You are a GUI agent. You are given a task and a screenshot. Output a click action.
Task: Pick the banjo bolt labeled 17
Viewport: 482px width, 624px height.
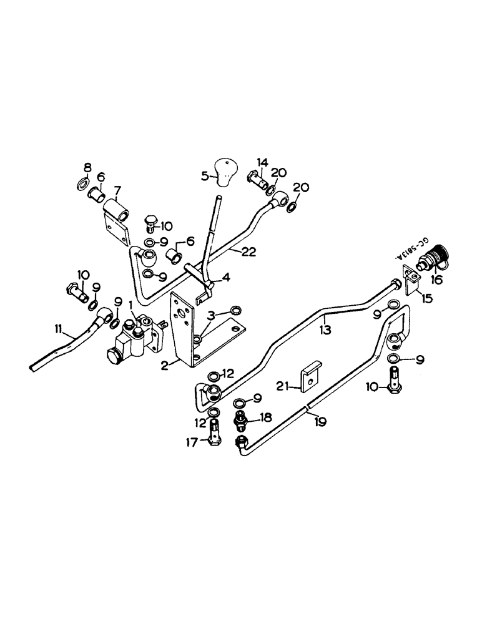pos(215,431)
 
